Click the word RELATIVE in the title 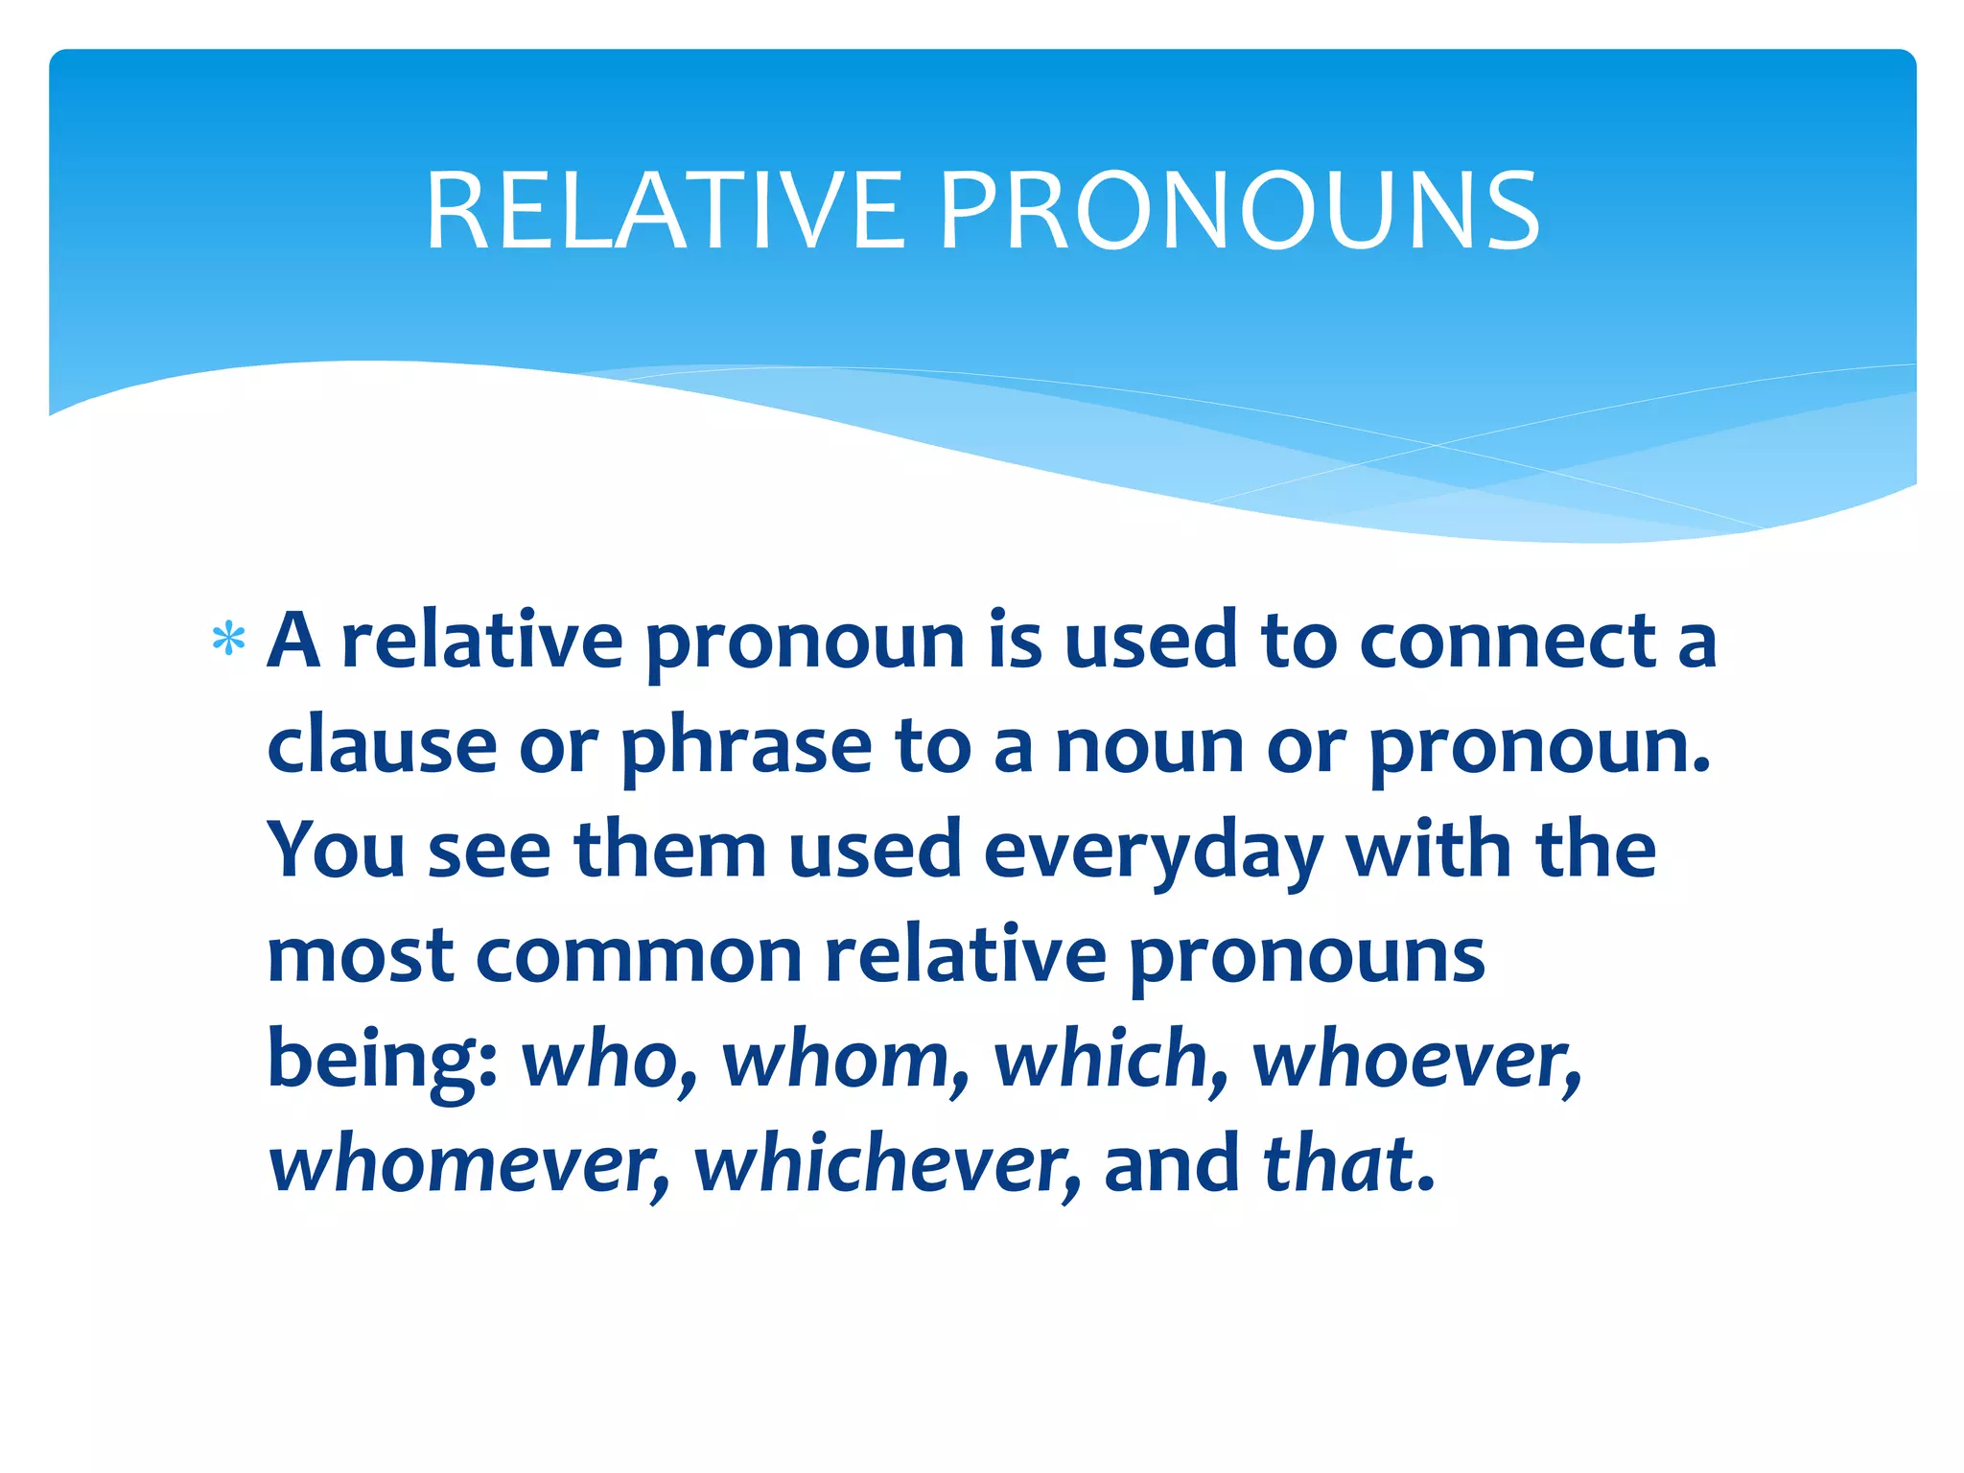[665, 211]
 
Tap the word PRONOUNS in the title [1240, 211]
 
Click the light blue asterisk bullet [229, 640]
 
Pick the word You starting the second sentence [336, 850]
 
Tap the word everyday [1153, 850]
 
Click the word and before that [1171, 1164]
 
